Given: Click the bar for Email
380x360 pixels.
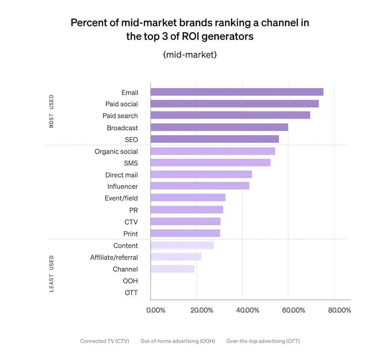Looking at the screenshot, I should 237,92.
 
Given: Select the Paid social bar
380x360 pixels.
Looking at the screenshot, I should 234,104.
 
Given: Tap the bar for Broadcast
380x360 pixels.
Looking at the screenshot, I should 219,127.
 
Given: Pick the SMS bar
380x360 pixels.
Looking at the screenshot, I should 211,163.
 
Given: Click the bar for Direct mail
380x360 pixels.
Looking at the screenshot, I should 201,174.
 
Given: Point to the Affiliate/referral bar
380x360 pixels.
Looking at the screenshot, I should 176,257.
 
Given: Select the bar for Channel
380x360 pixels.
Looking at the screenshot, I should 173,269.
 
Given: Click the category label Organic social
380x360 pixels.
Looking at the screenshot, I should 116,152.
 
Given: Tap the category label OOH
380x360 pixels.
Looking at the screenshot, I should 130,281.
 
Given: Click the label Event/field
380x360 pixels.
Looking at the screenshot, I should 121,198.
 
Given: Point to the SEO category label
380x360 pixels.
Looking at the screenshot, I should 131,140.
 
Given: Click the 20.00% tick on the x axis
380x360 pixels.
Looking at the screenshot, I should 202,310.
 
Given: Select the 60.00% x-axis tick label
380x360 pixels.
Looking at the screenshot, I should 293,310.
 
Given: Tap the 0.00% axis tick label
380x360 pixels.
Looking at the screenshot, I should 156,310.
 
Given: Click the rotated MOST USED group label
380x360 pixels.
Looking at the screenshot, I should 52,111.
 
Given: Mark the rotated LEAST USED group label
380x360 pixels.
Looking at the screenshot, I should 52,273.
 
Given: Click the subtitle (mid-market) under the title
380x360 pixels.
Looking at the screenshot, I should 190,55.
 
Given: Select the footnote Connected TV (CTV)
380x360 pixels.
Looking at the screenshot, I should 104,341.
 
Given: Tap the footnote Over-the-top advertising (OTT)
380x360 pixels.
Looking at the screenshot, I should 263,341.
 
